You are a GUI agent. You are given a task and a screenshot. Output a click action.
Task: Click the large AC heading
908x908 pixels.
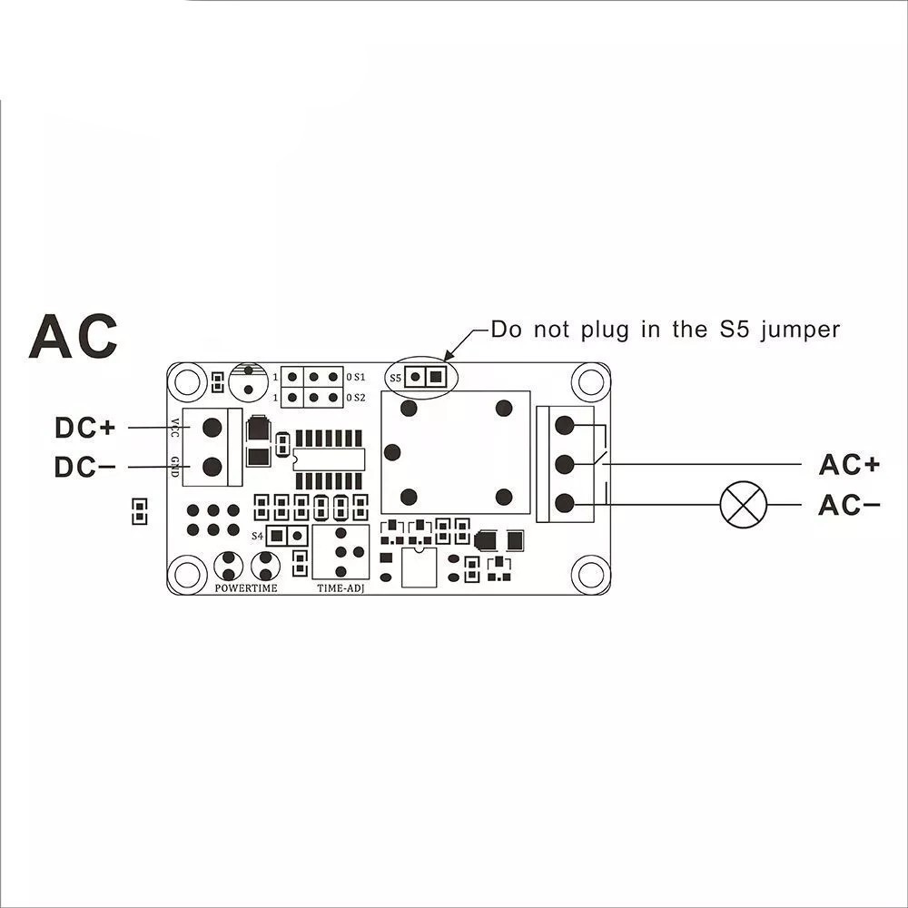(74, 335)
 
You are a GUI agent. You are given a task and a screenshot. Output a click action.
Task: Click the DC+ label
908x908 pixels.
(85, 427)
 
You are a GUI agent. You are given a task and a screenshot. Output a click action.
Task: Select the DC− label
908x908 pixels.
(85, 468)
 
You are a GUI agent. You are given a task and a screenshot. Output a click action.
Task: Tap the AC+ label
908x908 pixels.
(849, 464)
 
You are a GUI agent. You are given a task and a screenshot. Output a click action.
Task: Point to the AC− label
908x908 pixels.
(849, 505)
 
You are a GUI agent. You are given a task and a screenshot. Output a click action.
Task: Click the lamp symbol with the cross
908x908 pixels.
(744, 505)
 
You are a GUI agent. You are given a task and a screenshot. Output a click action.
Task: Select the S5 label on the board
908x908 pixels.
(395, 377)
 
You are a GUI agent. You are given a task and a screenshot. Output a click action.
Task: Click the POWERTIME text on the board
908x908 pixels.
(246, 588)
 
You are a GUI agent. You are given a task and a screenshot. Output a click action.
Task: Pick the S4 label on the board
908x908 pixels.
(257, 537)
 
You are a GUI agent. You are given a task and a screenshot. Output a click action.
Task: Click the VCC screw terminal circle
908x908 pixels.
(212, 426)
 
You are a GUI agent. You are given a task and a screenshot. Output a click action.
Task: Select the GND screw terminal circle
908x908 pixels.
(212, 467)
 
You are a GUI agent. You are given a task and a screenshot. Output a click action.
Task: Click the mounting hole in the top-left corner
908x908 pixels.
(188, 381)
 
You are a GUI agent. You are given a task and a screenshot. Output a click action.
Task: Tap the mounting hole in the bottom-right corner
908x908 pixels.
(591, 574)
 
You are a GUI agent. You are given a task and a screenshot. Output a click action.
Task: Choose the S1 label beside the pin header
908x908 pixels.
(356, 376)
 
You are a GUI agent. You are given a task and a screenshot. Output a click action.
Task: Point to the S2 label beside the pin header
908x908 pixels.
(356, 398)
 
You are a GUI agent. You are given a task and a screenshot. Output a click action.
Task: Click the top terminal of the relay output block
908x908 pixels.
(564, 425)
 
